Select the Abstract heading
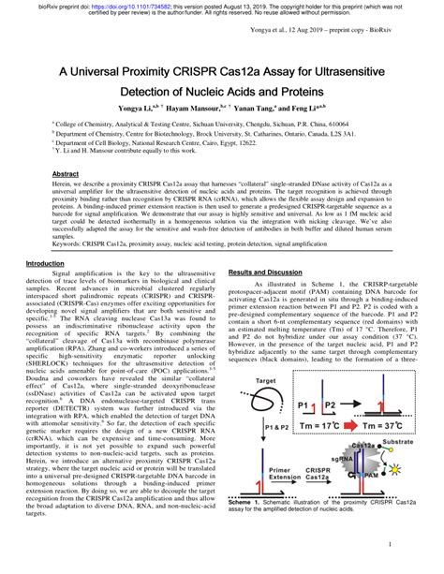tap(65, 175)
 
